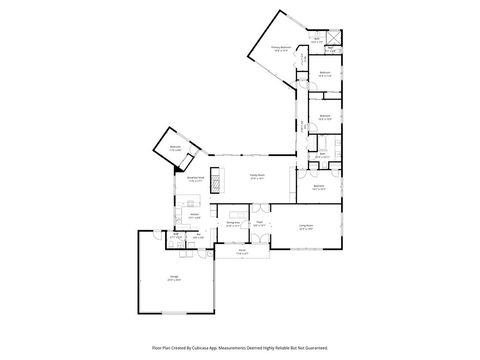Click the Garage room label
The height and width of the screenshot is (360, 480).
point(174,278)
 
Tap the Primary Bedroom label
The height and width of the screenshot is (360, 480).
point(281,47)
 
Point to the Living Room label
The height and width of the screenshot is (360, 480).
point(307,227)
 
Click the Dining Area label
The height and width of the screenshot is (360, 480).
point(232,225)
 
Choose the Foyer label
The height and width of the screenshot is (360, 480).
point(258,223)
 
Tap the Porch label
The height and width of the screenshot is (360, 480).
point(242,252)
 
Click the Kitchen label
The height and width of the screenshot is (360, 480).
point(194,216)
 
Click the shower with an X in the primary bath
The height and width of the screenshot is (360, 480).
point(333,50)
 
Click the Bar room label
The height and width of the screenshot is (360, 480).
point(200,236)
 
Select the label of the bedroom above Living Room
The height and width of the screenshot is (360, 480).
point(318,187)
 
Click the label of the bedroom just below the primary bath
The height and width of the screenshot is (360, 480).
point(325,74)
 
